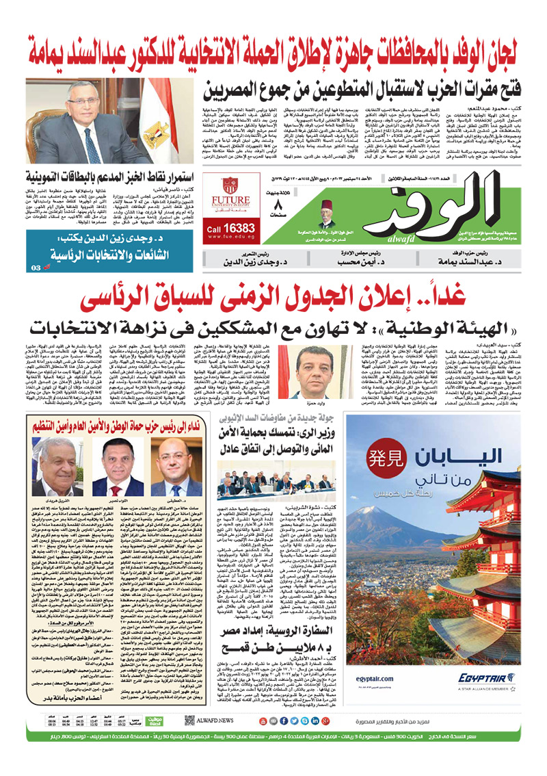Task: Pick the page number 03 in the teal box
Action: tap(36, 268)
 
